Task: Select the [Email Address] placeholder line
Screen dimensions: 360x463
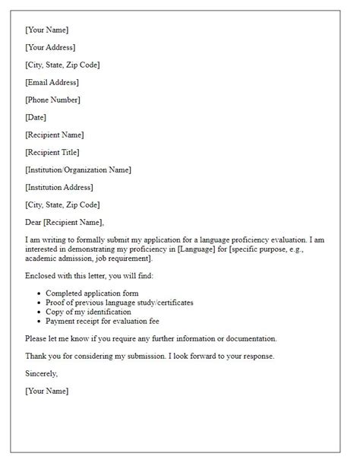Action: tap(52, 82)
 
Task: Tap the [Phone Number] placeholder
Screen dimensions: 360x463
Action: tap(52, 100)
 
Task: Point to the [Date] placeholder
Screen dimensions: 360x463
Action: tap(36, 117)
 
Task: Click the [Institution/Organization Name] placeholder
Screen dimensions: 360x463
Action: tap(77, 170)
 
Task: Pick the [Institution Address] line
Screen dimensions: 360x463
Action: tap(59, 187)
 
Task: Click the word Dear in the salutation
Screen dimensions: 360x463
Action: tap(33, 222)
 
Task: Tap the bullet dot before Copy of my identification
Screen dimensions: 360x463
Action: tap(37, 312)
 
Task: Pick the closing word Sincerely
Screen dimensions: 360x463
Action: tap(41, 373)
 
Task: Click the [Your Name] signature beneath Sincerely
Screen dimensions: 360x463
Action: tap(46, 391)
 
